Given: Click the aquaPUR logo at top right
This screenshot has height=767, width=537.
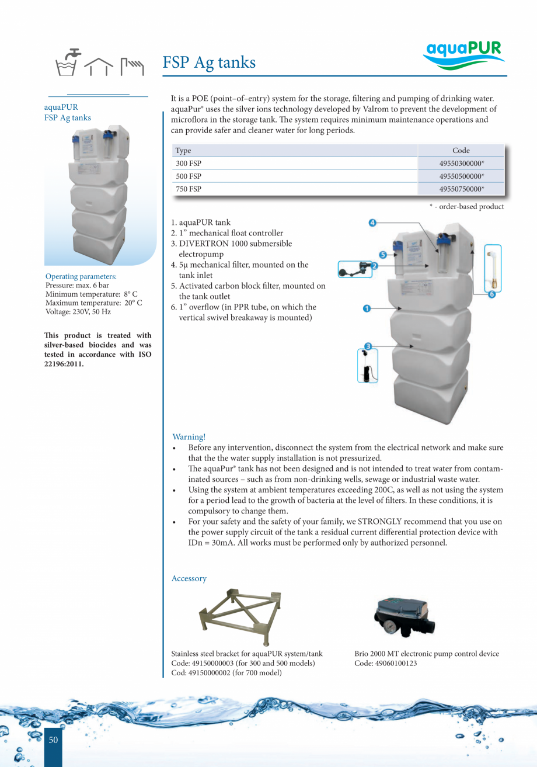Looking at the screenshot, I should (x=463, y=55).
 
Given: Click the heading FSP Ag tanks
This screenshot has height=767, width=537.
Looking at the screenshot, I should (x=209, y=62).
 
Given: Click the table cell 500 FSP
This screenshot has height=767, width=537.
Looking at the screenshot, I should (x=189, y=176).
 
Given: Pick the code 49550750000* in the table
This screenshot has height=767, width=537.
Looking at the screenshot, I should (x=461, y=189).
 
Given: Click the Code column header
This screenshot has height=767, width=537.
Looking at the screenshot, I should (x=461, y=151).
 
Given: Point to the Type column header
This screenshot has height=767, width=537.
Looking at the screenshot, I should (x=183, y=151).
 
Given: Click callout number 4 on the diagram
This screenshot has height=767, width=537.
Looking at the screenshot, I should (x=372, y=223).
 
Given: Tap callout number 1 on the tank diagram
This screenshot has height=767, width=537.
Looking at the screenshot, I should (x=367, y=308).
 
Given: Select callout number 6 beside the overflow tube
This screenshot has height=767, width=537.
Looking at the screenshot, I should (x=491, y=294).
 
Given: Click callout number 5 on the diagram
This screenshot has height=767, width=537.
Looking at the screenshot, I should (x=383, y=255).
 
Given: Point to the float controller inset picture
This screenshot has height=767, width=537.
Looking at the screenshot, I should (x=354, y=269).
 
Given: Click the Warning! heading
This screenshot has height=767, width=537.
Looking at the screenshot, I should (x=189, y=437).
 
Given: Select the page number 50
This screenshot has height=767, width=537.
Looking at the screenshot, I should (x=53, y=740).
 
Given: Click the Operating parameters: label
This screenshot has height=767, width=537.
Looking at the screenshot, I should (x=81, y=276).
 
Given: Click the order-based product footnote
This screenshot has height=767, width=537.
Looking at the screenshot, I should (x=466, y=206).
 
